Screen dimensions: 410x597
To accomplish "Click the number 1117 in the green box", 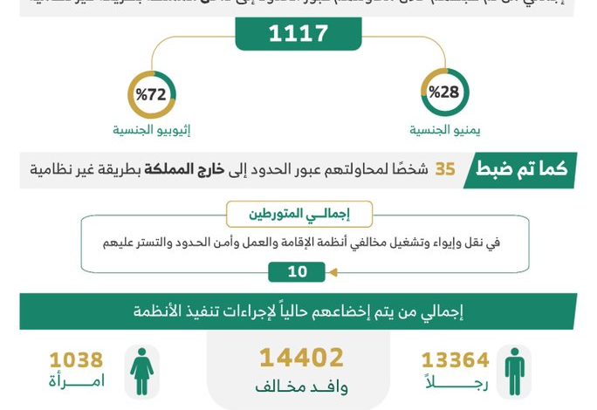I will tap(298, 34).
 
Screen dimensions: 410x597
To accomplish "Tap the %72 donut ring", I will tap(151, 93).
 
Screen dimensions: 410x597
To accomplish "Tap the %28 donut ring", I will tap(444, 93).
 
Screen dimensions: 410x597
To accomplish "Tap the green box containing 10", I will tap(298, 272).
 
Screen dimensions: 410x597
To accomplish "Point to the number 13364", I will tap(456, 360).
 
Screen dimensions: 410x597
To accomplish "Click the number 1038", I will tap(76, 360).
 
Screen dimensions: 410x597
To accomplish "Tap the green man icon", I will tap(515, 371).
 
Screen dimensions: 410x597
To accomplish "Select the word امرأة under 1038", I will tap(77, 381).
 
